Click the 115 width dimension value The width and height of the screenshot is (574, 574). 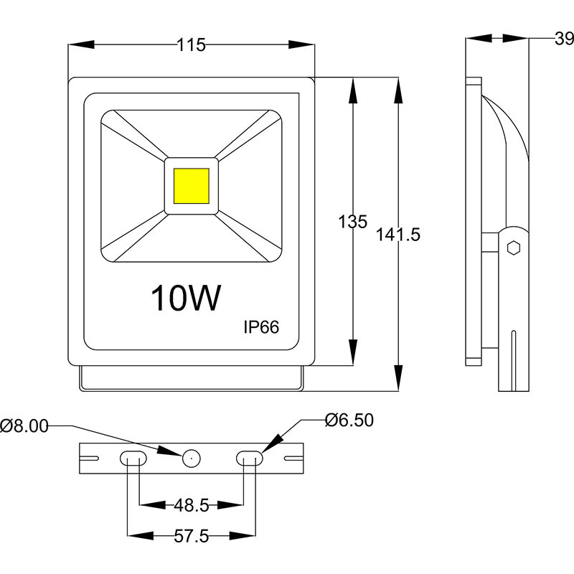192,45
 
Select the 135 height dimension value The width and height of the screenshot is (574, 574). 352,222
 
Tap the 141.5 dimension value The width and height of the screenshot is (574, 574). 397,234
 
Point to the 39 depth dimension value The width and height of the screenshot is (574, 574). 564,39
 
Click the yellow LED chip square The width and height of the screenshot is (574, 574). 192,185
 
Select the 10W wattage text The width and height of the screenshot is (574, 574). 184,298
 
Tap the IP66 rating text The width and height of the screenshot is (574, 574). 260,327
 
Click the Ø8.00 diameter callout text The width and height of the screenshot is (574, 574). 24,426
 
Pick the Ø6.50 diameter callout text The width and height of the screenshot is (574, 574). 349,420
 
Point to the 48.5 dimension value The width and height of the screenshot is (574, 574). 191,506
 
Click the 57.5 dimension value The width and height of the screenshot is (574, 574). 191,536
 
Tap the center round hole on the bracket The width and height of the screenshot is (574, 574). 191,458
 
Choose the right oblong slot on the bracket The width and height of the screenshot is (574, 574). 250,458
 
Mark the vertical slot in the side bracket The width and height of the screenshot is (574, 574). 514,359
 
